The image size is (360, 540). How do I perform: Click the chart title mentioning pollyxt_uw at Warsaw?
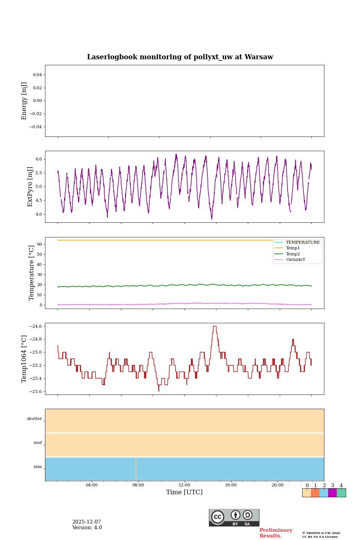(180, 57)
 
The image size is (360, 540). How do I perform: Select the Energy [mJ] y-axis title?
(24, 101)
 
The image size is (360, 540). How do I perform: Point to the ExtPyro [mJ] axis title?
(30, 187)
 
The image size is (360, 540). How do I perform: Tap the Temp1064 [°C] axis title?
(24, 359)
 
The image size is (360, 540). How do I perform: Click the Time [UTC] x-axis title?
(184, 492)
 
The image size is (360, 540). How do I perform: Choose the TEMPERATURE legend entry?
(303, 243)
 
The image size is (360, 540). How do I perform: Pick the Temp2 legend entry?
(293, 254)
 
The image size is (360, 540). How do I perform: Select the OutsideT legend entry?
(295, 260)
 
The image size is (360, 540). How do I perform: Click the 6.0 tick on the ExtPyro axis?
(38, 159)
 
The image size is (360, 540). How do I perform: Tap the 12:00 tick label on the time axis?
(184, 485)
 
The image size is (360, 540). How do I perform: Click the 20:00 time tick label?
(277, 485)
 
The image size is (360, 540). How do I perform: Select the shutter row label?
(34, 419)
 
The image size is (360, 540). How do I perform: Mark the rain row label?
(38, 467)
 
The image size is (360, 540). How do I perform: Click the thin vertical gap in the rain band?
(136, 469)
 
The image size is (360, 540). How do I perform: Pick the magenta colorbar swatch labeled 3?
(332, 493)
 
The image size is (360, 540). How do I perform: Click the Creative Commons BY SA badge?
(234, 517)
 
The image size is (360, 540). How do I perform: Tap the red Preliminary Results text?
(276, 533)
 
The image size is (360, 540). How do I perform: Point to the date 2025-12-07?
(87, 522)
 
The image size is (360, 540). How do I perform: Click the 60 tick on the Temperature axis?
(39, 244)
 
